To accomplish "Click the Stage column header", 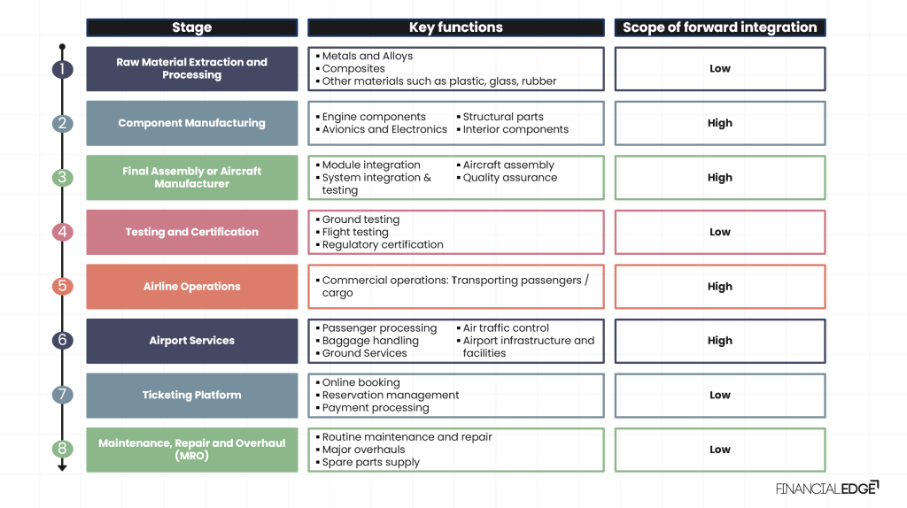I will coord(191,27).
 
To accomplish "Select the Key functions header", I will coord(455,27).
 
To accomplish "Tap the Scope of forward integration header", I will coord(719,27).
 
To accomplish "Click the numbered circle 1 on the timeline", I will coord(62,69).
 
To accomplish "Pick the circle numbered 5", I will coord(62,287).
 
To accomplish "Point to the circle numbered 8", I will coord(62,450).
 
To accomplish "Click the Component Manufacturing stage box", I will coord(191,123).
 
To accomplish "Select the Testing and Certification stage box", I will coord(191,232).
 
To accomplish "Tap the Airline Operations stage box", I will coord(191,287).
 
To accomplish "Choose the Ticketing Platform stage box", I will coord(191,396).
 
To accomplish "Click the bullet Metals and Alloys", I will coord(367,57).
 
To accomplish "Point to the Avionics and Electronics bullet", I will coord(384,129).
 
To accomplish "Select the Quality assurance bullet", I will coord(509,178).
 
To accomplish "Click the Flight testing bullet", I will coord(354,232).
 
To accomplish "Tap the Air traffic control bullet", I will coord(505,328).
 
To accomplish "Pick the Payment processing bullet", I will coord(375,408).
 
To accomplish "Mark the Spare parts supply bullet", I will coord(370,462).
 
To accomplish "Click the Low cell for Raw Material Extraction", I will coord(719,69).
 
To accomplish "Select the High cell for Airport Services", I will coord(719,341).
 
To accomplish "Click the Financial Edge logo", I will coord(826,488).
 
